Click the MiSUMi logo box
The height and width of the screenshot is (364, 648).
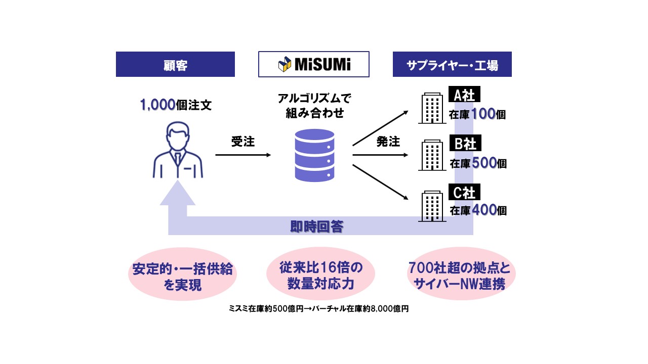click(x=313, y=64)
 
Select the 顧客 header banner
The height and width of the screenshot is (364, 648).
click(x=175, y=64)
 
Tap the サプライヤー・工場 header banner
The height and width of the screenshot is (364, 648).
click(x=452, y=64)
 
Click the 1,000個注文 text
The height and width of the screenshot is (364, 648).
click(x=176, y=105)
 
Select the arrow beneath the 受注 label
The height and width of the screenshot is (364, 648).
click(x=243, y=155)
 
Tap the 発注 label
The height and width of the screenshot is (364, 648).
click(x=388, y=142)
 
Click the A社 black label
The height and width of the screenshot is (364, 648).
click(x=464, y=95)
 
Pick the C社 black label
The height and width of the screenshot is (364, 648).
click(x=464, y=192)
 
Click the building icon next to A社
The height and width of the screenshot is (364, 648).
click(x=432, y=108)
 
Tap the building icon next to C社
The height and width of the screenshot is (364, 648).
click(x=432, y=206)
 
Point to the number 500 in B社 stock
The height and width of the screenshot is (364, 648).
click(x=483, y=163)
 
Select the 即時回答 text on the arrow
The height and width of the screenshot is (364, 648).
click(x=317, y=226)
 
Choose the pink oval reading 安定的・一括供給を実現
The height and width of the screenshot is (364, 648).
click(x=182, y=276)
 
